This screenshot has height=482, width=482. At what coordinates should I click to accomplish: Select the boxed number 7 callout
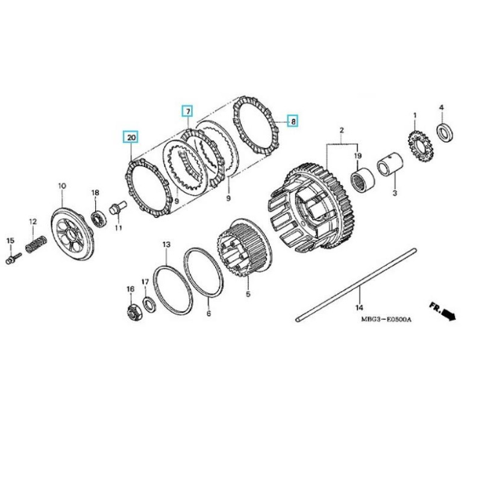click(x=187, y=112)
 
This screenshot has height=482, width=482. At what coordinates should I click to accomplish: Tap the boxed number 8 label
click(x=292, y=121)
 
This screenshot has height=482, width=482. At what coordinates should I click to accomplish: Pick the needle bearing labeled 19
click(x=363, y=180)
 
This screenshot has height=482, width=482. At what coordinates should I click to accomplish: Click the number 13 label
click(x=166, y=244)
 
